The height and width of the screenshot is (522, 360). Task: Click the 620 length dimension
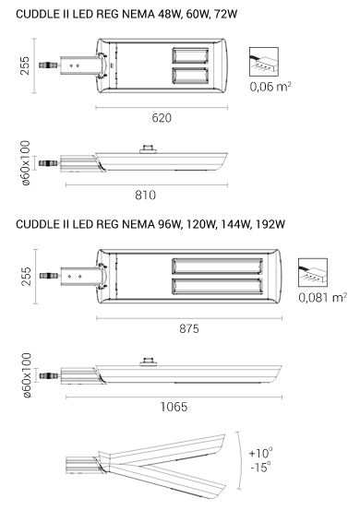162,118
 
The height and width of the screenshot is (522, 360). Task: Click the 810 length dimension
145,196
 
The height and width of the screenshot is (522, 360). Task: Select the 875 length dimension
189,328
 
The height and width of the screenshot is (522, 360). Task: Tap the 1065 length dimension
174,407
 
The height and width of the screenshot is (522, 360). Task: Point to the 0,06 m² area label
270,87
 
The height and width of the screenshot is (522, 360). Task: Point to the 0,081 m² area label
322,297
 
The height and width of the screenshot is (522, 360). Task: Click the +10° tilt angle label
260,453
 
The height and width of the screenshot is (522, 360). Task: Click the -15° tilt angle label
260,467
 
